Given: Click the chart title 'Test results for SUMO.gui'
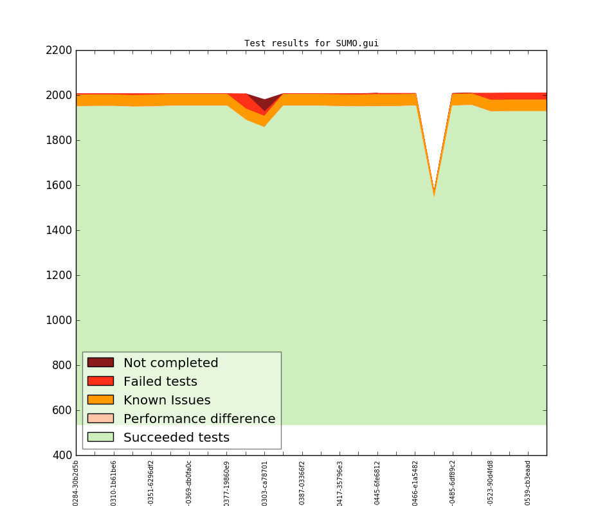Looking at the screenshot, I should pyautogui.click(x=311, y=44).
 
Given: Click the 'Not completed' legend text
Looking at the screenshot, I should pyautogui.click(x=170, y=363).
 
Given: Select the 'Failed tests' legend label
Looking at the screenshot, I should pyautogui.click(x=160, y=382).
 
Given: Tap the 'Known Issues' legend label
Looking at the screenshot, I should pyautogui.click(x=167, y=401).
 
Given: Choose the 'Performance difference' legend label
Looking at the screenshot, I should pyautogui.click(x=199, y=419).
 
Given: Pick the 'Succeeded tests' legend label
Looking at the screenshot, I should pyautogui.click(x=176, y=438).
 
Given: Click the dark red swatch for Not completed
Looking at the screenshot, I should pyautogui.click(x=100, y=363).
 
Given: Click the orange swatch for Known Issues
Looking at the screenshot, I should pyautogui.click(x=100, y=400).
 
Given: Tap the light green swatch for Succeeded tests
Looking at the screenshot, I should pyautogui.click(x=100, y=437).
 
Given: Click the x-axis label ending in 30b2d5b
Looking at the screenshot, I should pyautogui.click(x=76, y=482).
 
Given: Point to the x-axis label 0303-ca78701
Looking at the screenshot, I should pyautogui.click(x=264, y=482).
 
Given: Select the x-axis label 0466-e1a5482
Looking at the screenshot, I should pyautogui.click(x=415, y=482).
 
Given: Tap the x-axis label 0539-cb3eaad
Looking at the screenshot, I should pyautogui.click(x=528, y=482).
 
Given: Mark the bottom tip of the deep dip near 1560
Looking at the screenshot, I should pyautogui.click(x=434, y=194).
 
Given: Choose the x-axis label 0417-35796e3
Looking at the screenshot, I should pyautogui.click(x=340, y=482).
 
